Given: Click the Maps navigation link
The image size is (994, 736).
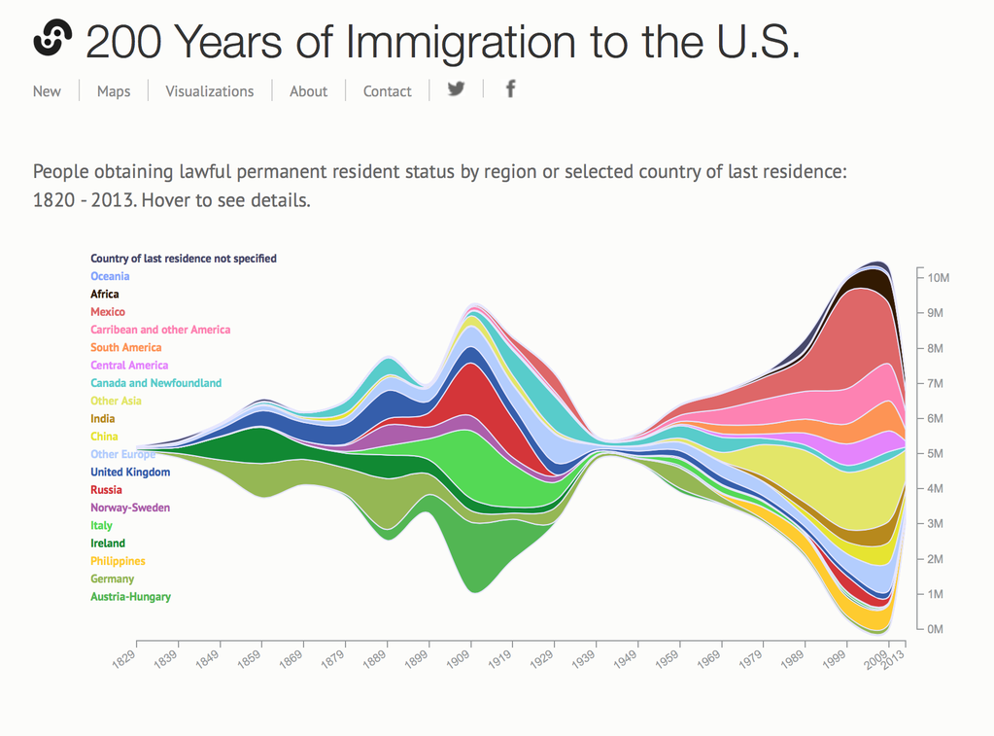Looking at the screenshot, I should pos(114,91).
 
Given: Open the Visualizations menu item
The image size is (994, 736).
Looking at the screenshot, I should pos(209,91).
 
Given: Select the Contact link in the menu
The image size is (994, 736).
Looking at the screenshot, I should pos(387,91).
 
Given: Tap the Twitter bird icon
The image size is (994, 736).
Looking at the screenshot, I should pos(456,88).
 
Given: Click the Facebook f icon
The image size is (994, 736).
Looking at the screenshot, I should pos(510,88).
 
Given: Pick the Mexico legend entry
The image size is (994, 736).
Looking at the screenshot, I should pos(108,312).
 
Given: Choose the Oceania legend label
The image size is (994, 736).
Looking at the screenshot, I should pos(110,276).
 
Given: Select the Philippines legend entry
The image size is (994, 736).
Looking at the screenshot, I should pos(118,561).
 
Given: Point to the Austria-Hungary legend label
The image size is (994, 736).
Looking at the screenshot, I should pos(130,597).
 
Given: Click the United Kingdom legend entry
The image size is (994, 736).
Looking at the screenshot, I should pos(130,473).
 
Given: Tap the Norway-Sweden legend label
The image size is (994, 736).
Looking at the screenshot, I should pos(130,508).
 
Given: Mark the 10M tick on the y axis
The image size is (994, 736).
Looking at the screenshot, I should pos(938,278).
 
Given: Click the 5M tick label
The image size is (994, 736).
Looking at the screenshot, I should pos(935,454).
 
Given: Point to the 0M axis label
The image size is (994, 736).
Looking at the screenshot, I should pos(935,629).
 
